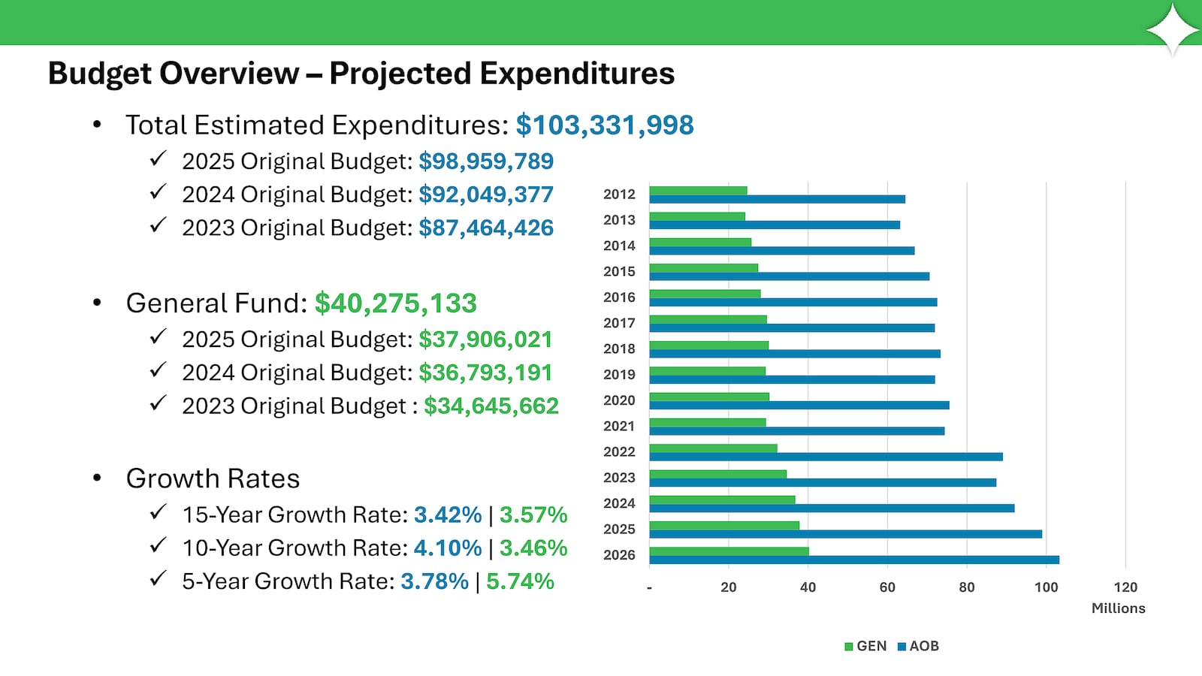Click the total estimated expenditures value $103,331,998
point(605,125)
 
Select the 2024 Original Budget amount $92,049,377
point(486,195)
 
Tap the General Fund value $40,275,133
point(395,303)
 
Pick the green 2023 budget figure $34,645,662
point(491,406)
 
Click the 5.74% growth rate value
point(520,581)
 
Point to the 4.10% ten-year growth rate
point(448,548)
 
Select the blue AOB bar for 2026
point(854,560)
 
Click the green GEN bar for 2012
point(698,191)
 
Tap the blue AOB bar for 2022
point(826,457)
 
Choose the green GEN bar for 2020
point(709,397)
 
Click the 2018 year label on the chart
point(619,349)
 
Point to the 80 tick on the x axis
point(967,587)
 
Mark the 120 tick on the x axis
point(1125,587)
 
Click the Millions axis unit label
point(1118,608)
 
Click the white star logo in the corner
point(1173,29)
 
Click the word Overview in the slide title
point(229,74)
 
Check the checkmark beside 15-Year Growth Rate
point(158,513)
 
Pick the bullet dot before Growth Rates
point(97,478)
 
